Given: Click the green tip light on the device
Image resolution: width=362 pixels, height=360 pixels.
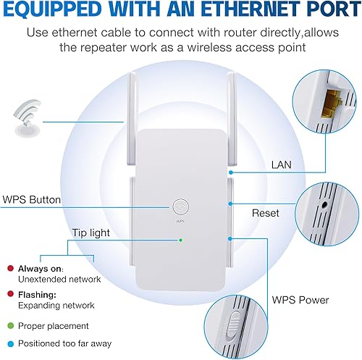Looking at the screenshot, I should [180, 240].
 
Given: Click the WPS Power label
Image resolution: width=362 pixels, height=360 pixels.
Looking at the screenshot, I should [300, 299].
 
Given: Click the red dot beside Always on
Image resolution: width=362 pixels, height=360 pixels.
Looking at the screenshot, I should [10, 268].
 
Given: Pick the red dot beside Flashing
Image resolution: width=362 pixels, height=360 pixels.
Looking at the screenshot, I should [10, 294].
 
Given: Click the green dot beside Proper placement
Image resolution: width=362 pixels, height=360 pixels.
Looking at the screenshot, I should [10, 326].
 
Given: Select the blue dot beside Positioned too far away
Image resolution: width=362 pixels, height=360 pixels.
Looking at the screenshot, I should [10, 344].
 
